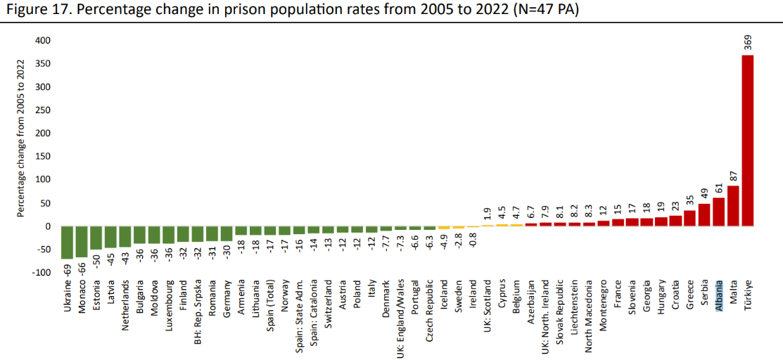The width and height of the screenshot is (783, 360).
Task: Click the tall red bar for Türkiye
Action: (748, 141)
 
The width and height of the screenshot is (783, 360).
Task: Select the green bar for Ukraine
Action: (68, 242)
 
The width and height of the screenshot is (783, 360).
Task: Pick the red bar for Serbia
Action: (704, 215)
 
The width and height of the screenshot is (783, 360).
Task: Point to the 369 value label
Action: (748, 44)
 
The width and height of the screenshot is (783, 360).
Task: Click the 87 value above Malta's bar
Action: (733, 176)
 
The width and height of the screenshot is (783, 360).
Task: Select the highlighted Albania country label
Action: (719, 296)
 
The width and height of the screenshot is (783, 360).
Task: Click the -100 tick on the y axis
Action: (42, 272)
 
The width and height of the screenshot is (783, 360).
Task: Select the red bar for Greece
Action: (689, 218)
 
